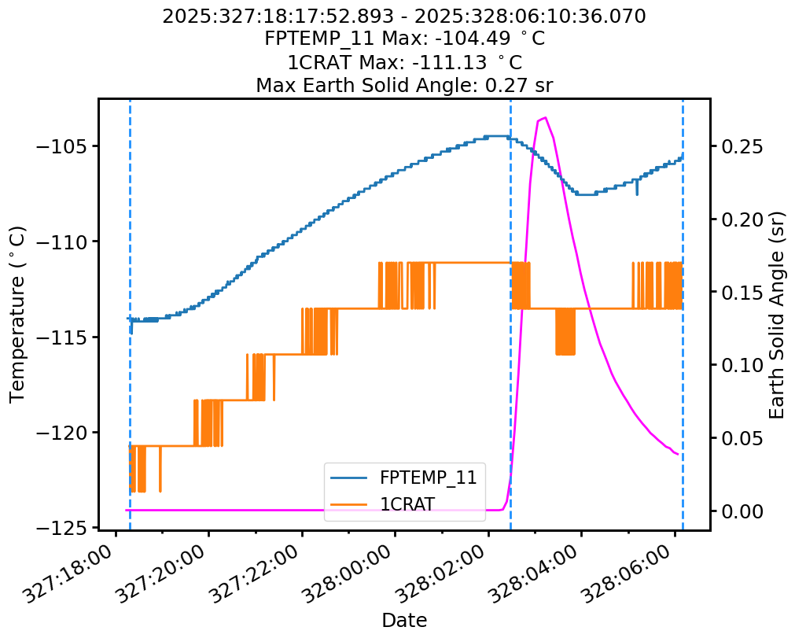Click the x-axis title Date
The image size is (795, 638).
[404, 620]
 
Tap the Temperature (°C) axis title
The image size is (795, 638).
[18, 314]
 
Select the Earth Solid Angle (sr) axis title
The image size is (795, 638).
[777, 315]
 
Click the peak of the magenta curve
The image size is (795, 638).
[545, 117]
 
